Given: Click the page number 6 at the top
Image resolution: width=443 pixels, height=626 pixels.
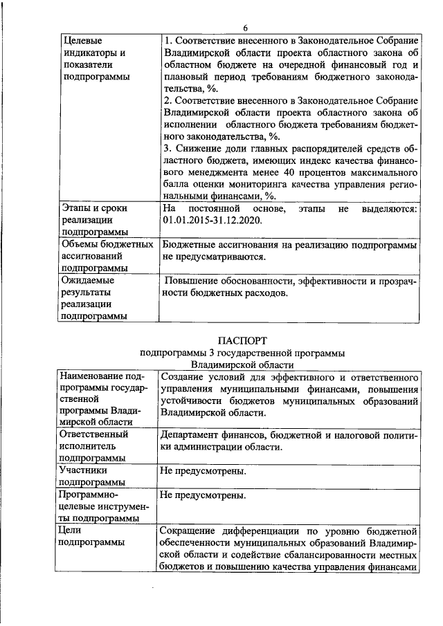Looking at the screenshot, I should (x=245, y=27).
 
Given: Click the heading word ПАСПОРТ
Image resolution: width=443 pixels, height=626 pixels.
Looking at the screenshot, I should (x=242, y=340).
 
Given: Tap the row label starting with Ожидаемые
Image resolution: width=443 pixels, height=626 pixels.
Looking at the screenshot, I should (x=88, y=282).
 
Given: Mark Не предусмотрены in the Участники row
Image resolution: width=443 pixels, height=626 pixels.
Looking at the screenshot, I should (x=202, y=471).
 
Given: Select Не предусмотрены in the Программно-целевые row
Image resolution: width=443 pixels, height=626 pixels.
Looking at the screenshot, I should (x=202, y=495).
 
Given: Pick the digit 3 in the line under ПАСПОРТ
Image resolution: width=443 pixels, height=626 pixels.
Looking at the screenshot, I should (x=206, y=352).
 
